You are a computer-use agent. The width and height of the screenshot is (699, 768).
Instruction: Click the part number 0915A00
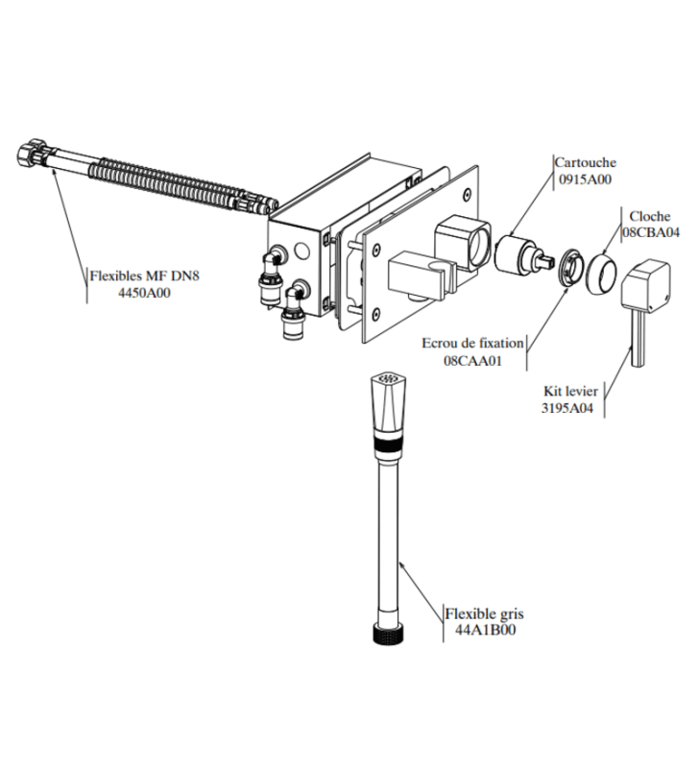pyautogui.click(x=584, y=178)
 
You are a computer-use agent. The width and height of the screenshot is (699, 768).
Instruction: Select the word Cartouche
pyautogui.click(x=585, y=163)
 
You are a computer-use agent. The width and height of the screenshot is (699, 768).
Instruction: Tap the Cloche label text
pyautogui.click(x=650, y=217)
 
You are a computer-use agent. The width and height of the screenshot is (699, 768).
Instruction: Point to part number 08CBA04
pyautogui.click(x=651, y=231)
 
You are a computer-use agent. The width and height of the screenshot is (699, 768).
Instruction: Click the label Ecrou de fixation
pyautogui.click(x=472, y=343)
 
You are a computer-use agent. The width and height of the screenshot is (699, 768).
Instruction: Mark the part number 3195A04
pyautogui.click(x=568, y=407)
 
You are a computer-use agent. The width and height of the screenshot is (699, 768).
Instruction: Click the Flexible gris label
pyautogui.click(x=485, y=613)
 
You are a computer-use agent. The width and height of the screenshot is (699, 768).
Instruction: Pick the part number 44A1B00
pyautogui.click(x=485, y=630)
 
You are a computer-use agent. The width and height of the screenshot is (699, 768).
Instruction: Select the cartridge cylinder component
pyautogui.click(x=522, y=255)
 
